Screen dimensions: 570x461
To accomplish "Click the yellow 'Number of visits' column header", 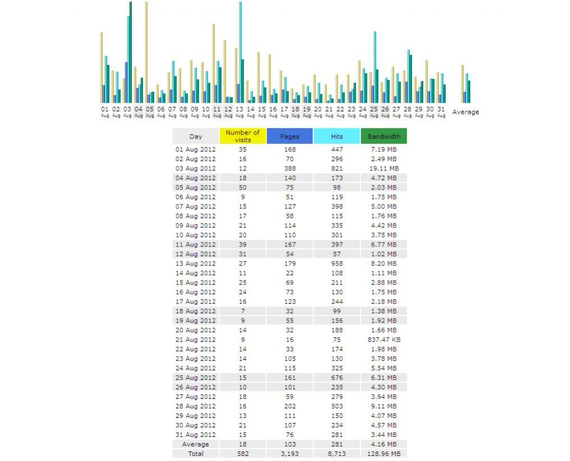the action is click(x=242, y=136).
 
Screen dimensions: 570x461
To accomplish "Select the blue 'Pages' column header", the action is click(x=289, y=136).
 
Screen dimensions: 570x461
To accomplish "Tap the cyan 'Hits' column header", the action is click(x=337, y=136).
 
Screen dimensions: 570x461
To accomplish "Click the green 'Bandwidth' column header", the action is click(x=384, y=136).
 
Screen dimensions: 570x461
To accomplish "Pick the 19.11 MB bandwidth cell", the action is click(x=384, y=169).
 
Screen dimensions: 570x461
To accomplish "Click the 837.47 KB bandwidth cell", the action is click(x=384, y=340).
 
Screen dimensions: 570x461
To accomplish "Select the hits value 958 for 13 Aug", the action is click(x=337, y=263).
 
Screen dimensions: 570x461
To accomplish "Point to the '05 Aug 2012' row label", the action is click(x=196, y=187).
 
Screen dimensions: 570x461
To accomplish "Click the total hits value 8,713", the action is click(x=337, y=454).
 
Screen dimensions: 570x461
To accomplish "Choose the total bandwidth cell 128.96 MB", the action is click(x=384, y=454).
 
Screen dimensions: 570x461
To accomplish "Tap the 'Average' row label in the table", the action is click(x=196, y=444).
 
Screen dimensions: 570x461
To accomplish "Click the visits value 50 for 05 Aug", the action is click(x=242, y=187).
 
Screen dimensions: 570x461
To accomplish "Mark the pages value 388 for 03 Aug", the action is click(x=289, y=169).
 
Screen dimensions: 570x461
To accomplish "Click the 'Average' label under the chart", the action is click(x=465, y=112).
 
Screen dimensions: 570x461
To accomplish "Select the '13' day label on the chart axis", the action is click(x=239, y=109).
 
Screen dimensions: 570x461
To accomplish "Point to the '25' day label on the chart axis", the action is click(x=374, y=109).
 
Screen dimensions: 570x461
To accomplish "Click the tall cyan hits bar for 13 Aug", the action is click(x=240, y=52).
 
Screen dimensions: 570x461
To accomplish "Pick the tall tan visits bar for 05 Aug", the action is click(x=146, y=52).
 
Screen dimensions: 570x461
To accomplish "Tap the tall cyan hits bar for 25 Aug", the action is click(x=375, y=67).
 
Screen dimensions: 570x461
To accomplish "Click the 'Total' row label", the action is click(x=196, y=454).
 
